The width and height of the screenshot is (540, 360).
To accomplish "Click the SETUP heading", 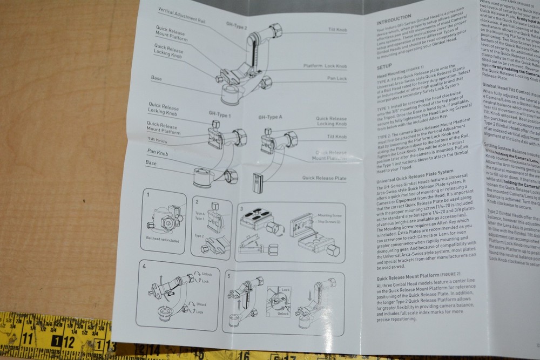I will click(x=384, y=67).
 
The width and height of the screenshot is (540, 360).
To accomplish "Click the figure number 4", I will click(x=144, y=267).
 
